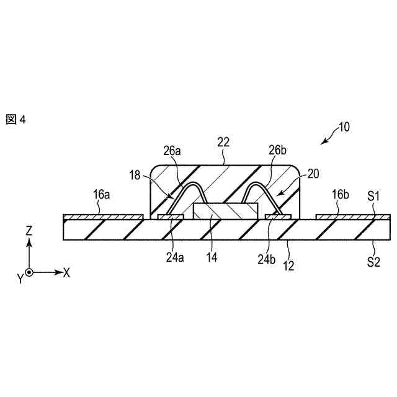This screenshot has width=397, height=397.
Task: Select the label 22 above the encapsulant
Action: click(223, 142)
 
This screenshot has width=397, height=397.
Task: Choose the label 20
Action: click(313, 175)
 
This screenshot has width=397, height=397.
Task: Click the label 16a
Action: click(102, 194)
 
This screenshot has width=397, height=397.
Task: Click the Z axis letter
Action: click(29, 231)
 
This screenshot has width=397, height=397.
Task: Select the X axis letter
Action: click(67, 272)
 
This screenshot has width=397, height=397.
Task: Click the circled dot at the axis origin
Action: click(29, 272)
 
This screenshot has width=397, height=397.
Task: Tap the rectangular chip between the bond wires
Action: click(225, 210)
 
